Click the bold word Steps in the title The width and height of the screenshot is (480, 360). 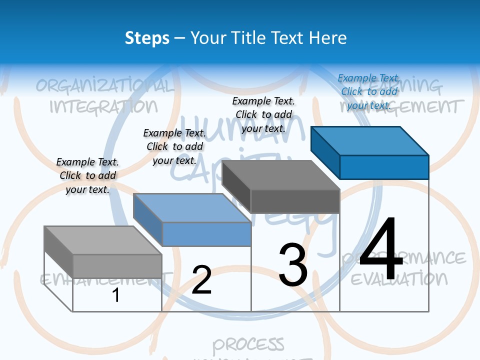(147, 38)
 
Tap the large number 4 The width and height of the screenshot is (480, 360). (381, 249)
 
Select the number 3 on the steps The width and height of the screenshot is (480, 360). (293, 265)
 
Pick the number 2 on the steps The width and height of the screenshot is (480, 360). (201, 280)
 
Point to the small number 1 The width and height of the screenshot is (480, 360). (116, 295)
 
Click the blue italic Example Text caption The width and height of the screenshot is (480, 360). (369, 91)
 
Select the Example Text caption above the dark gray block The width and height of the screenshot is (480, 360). (263, 114)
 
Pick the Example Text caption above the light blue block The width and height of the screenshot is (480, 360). (174, 146)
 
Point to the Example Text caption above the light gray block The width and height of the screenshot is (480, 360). (87, 175)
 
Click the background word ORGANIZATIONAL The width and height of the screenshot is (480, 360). (105, 85)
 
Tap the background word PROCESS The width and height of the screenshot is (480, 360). (248, 344)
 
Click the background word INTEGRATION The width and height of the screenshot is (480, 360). (103, 106)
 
